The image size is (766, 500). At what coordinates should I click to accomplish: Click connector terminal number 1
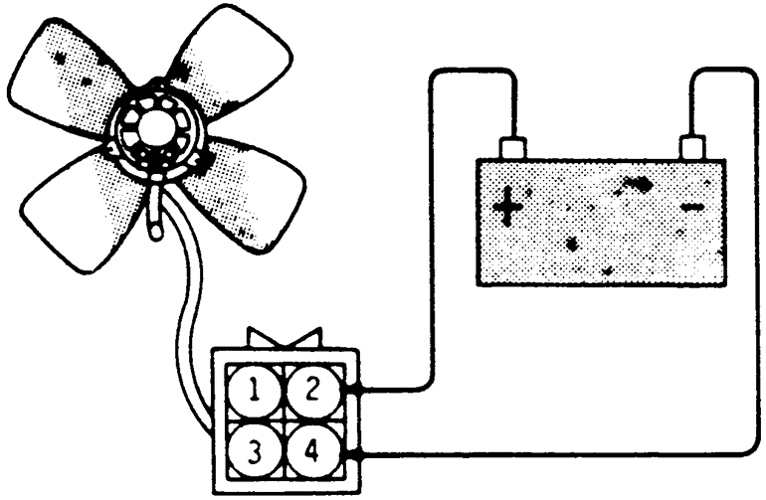tap(257, 391)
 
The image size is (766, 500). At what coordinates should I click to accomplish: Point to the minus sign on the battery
tap(692, 208)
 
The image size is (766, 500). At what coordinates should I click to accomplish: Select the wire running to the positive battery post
tap(430, 249)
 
